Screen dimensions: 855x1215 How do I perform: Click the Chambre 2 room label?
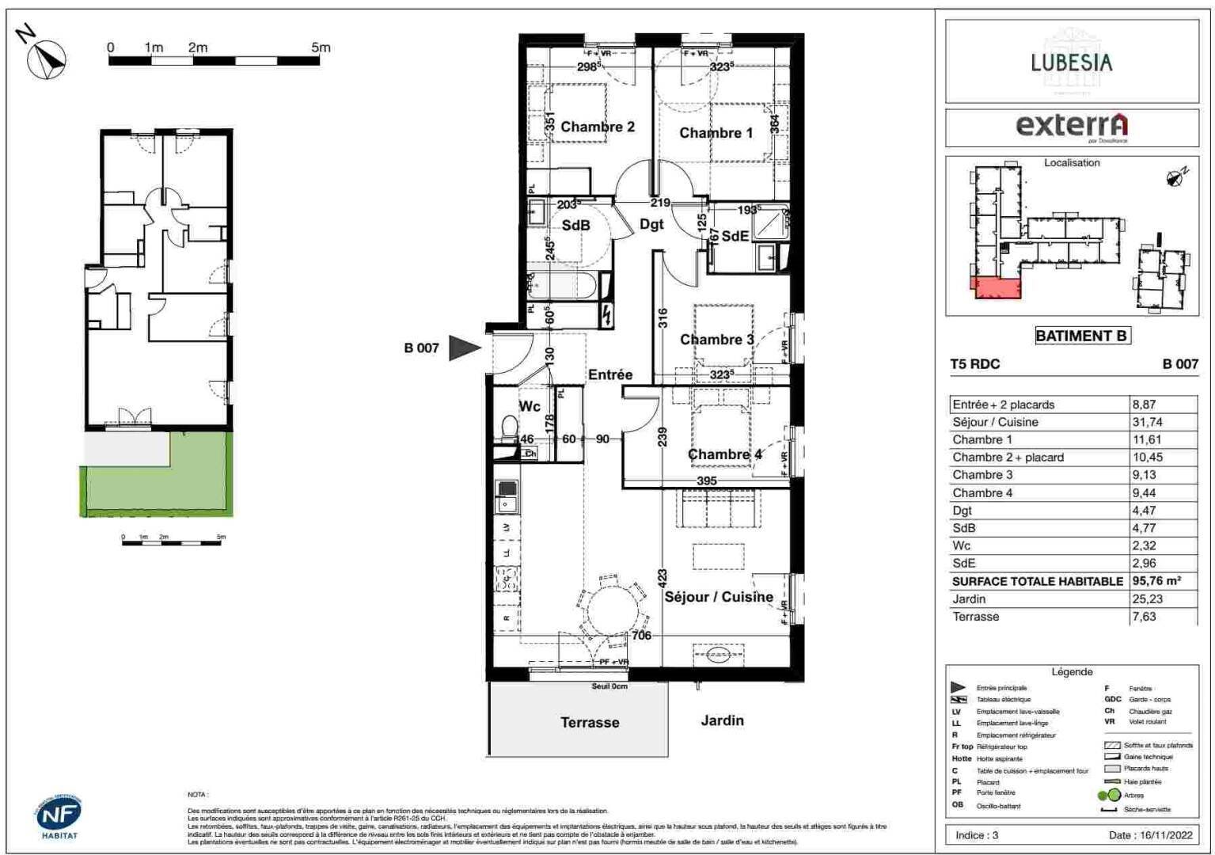coord(598,127)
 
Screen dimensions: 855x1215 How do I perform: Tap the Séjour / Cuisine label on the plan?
coord(718,597)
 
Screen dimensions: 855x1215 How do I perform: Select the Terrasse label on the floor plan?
coord(590,722)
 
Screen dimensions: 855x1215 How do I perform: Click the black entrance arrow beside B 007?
coord(464,348)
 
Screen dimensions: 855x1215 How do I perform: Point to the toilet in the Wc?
coord(508,429)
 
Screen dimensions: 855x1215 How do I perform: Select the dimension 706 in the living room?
coord(641,635)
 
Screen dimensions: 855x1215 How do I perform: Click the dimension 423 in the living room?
coord(662,579)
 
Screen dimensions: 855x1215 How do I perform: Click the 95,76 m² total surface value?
coord(1156,580)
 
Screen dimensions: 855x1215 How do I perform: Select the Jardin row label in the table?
coord(969,598)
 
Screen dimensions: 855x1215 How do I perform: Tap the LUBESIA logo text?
coord(1071,62)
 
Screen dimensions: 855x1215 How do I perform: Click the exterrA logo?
coord(1071,126)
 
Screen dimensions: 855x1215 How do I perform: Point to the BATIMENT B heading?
coord(1081,336)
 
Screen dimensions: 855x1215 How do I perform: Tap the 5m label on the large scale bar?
coord(321,47)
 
